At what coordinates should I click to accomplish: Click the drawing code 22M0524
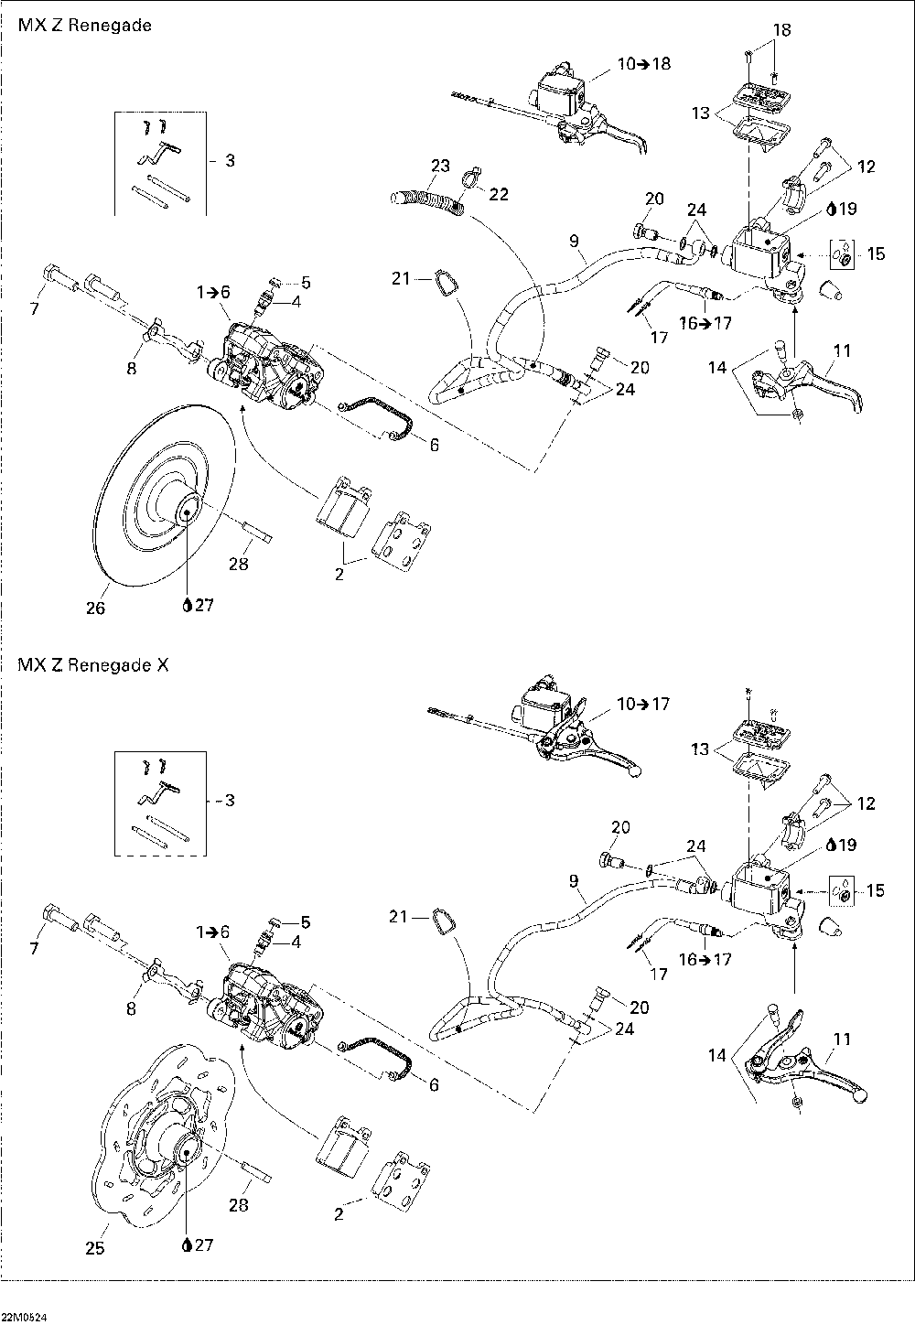(24, 1317)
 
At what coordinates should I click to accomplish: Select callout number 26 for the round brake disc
(96, 609)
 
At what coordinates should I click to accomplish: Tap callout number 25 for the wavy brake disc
(95, 1247)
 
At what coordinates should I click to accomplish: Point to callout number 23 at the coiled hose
(441, 166)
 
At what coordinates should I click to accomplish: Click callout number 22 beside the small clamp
(499, 194)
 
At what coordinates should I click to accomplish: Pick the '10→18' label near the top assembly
(643, 63)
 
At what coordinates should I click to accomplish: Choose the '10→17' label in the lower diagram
(643, 704)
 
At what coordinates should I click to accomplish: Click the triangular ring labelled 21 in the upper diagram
(442, 283)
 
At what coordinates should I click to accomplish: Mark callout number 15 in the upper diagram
(876, 253)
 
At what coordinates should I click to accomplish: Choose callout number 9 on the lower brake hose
(574, 882)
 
